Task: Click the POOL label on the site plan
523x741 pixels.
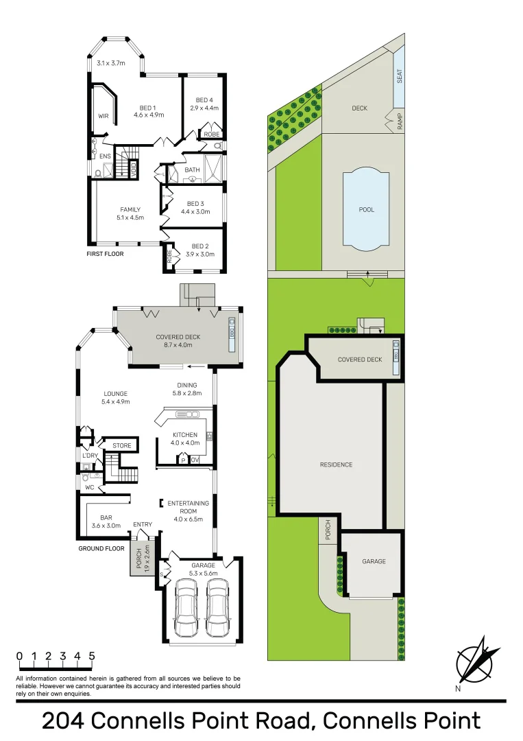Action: coord(367,210)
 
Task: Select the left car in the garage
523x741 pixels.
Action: coord(186,608)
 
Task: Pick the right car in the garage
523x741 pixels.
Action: coord(218,608)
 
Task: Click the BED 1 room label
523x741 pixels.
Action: coord(148,108)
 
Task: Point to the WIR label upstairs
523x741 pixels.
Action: coord(104,116)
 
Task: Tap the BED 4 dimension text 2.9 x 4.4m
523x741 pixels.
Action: coord(204,108)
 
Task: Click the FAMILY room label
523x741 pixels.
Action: coord(130,210)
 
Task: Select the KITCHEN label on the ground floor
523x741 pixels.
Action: coord(185,435)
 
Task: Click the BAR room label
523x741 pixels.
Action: coord(106,518)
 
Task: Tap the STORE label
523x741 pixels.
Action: coord(122,446)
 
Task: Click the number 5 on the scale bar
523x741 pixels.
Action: coord(91,656)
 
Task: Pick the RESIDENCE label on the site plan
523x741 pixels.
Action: coord(336,465)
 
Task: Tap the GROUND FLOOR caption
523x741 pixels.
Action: coord(101,548)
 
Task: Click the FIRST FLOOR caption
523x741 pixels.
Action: coord(104,254)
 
